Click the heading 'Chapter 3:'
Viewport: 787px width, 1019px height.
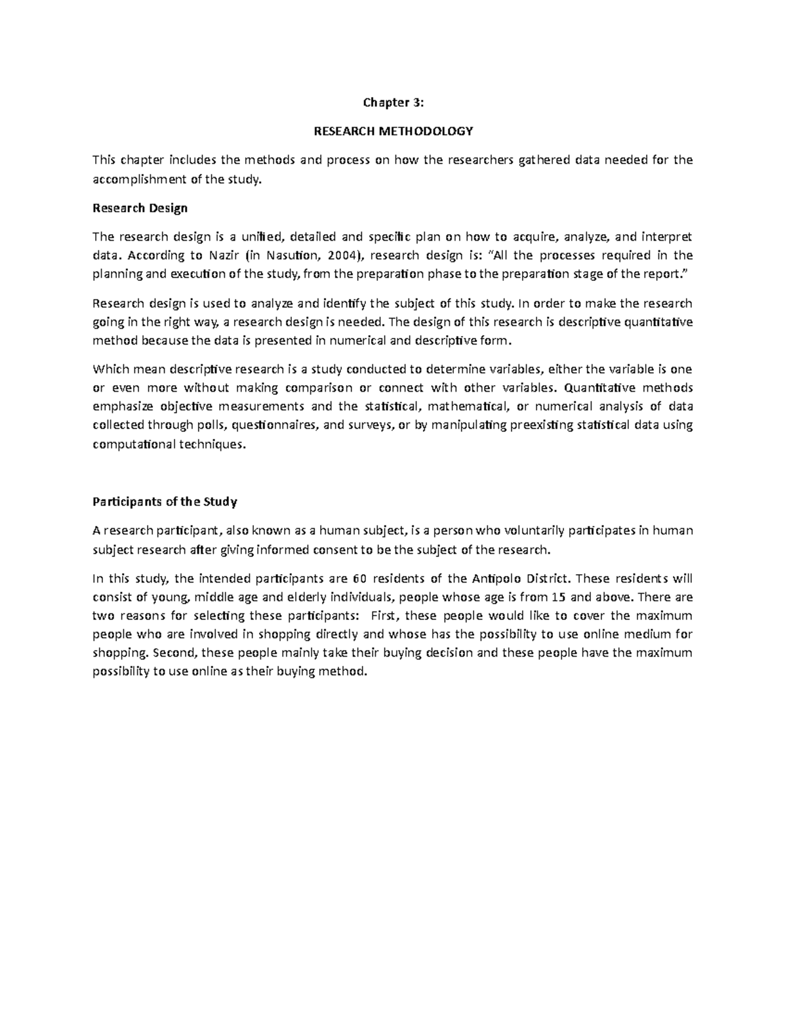[x=393, y=102]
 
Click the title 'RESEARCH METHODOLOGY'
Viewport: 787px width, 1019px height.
[x=393, y=131]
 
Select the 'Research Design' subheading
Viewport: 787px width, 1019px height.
[x=140, y=208]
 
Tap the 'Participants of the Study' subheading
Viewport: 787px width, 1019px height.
[x=165, y=502]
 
